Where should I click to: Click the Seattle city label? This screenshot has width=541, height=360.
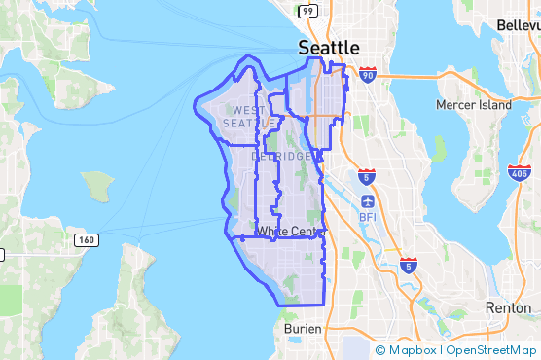tap(328, 48)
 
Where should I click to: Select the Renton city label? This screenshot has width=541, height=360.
tap(507, 306)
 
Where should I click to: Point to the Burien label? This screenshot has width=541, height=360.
tap(303, 329)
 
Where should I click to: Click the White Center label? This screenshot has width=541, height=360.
tap(291, 231)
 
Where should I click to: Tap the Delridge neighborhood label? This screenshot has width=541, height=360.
tap(282, 157)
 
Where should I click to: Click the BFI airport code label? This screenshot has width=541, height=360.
tap(367, 217)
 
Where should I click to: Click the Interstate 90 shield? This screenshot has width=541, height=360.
tap(366, 74)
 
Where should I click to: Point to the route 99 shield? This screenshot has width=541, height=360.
tap(307, 11)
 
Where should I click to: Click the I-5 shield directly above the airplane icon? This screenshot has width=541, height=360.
tap(366, 176)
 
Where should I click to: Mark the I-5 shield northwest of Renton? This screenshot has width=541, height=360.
tap(409, 264)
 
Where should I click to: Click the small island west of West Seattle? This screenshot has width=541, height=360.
tap(97, 185)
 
